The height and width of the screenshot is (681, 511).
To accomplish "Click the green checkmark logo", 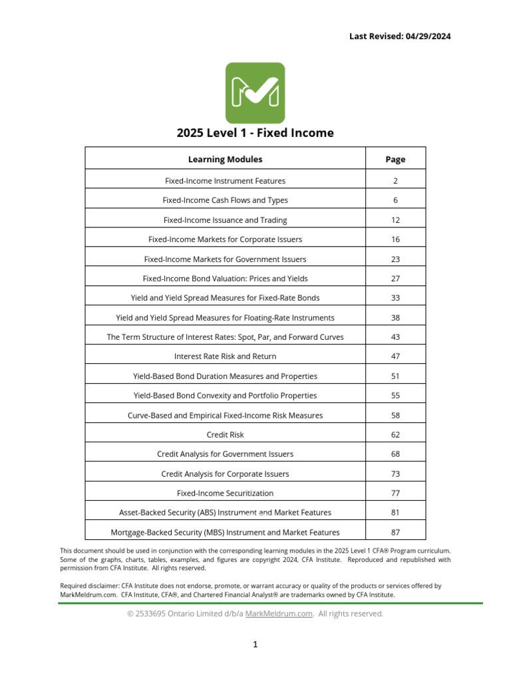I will click(x=255, y=93).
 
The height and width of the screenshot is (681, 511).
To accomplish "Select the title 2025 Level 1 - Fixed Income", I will click(x=255, y=133).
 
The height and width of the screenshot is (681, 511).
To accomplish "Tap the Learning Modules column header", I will click(x=225, y=160).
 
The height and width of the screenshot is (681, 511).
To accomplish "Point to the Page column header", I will click(x=395, y=160).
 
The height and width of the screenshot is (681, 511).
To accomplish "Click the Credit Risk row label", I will click(x=225, y=435).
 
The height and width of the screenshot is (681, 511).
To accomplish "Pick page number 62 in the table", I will click(x=395, y=435).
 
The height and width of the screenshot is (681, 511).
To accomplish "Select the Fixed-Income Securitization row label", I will click(x=225, y=493).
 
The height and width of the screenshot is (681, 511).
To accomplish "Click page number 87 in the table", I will click(x=395, y=532).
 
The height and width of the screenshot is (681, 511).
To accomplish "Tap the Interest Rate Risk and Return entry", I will click(x=225, y=356).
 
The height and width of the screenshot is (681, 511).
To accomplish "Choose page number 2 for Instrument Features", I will click(x=395, y=181).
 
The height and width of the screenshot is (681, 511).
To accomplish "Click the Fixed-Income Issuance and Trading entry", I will click(x=225, y=220).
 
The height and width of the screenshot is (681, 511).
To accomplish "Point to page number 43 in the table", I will click(x=395, y=337).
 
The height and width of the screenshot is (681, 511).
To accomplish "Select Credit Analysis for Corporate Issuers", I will click(x=225, y=474).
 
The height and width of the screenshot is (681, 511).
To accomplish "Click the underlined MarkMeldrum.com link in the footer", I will click(x=279, y=614).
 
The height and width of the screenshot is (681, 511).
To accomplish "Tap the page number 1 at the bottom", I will click(x=255, y=644).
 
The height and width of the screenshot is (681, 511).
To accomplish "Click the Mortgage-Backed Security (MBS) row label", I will click(x=225, y=532).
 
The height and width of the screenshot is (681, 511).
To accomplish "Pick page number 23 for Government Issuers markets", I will click(x=395, y=259).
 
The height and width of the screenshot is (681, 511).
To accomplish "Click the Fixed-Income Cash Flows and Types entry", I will click(x=225, y=200).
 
